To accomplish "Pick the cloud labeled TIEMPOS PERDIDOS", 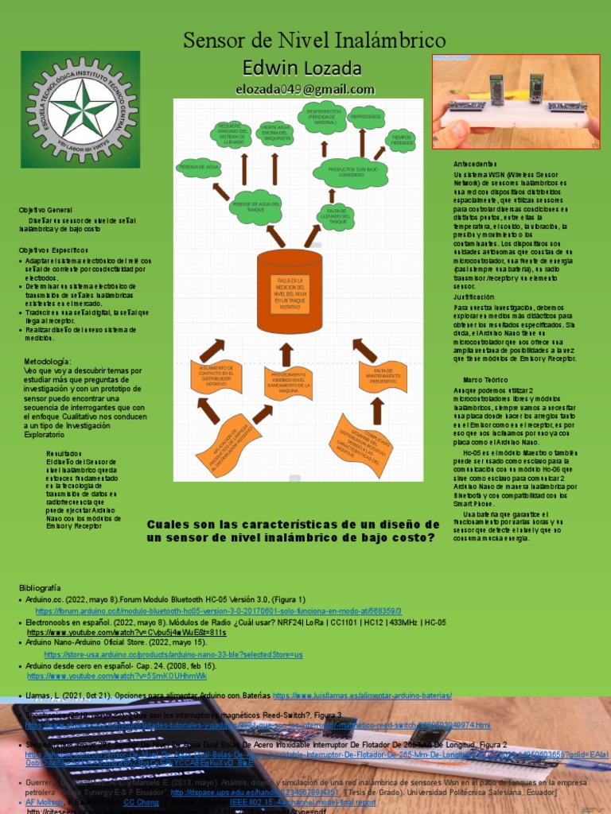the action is tap(402, 140).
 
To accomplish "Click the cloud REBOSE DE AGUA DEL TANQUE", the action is tap(255, 206).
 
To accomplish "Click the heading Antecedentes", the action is tap(474, 163).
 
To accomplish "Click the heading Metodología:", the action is tap(53, 362).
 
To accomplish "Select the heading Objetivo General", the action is tap(46, 209).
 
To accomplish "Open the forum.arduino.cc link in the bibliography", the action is tap(180, 610).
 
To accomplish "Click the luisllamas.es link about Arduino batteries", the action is tap(362, 696).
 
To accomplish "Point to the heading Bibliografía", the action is tap(39, 587).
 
